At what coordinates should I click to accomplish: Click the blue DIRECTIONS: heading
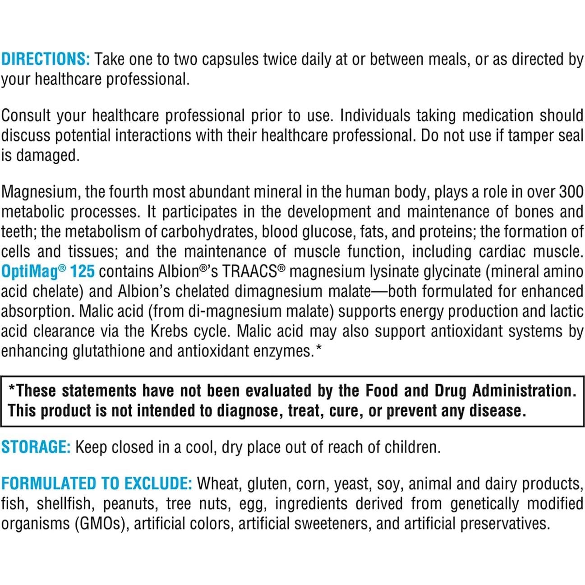46,59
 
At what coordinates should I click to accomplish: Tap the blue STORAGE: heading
36,447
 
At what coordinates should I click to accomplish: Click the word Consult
26,115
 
